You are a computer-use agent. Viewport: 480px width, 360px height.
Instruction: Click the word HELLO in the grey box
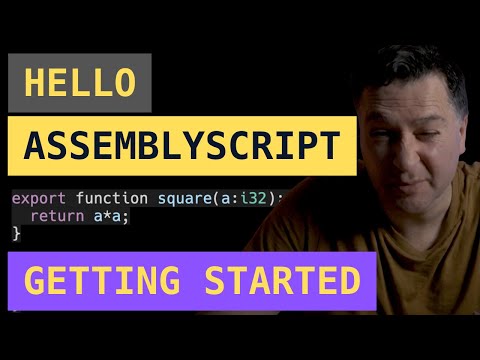79,83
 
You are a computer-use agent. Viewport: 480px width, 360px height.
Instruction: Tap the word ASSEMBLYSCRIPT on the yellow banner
181,147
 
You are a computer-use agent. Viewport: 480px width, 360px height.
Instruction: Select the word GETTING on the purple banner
99,282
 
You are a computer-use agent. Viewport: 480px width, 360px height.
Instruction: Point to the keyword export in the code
34,198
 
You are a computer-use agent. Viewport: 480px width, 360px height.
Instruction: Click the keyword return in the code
54,215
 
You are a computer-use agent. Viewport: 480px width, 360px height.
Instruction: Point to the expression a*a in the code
96,215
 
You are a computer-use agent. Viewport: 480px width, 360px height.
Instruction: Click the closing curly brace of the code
16,232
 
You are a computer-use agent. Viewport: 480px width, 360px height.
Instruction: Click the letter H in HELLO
34,83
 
